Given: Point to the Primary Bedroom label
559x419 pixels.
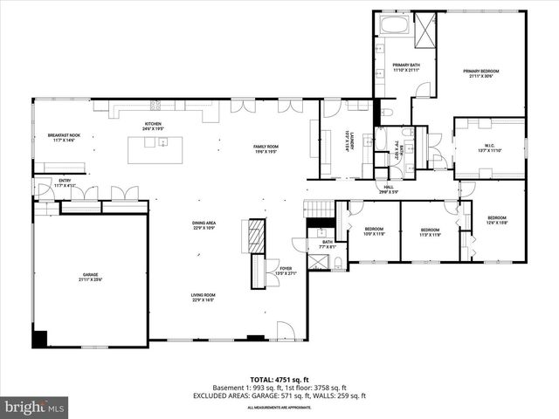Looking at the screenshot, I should [481, 73].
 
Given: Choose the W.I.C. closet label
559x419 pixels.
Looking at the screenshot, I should [489, 148].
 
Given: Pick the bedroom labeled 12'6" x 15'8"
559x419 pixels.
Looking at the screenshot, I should [497, 220].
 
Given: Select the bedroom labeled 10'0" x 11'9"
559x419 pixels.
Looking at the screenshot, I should [374, 231].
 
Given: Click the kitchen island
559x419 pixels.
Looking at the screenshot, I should [161, 149].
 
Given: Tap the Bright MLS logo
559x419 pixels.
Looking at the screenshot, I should [35, 407].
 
